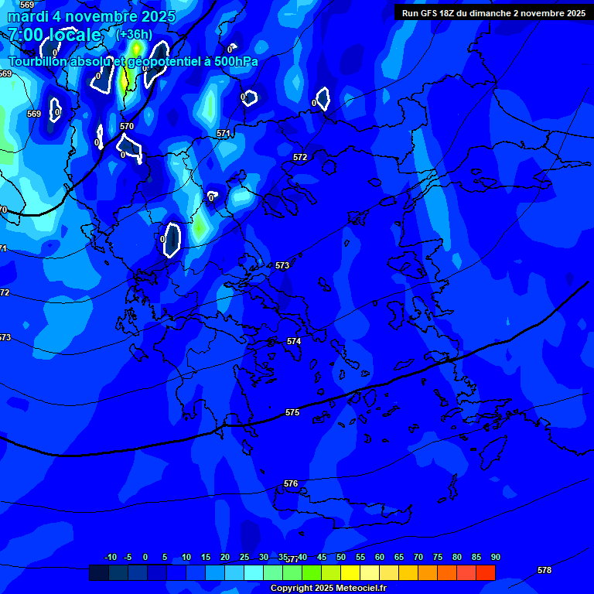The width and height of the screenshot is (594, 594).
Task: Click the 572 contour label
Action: tap(300, 157)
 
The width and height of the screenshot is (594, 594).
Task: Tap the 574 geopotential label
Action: tap(294, 341)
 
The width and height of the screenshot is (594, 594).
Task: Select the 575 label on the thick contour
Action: tap(292, 412)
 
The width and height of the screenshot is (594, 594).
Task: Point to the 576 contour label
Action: tap(291, 483)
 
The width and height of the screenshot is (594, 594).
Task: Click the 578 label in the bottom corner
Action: tap(544, 570)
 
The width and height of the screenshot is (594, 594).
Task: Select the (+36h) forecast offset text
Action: tap(133, 34)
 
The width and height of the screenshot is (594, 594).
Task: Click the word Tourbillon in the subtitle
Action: tap(39, 61)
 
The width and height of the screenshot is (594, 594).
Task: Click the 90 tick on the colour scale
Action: tap(495, 557)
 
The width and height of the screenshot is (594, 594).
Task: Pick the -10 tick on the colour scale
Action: tap(110, 557)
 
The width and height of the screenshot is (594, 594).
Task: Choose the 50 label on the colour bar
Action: tap(341, 557)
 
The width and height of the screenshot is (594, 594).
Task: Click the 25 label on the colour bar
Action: tap(244, 557)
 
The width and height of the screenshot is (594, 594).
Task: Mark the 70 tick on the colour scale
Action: tap(418, 557)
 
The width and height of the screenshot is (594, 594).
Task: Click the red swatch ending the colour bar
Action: tap(485, 572)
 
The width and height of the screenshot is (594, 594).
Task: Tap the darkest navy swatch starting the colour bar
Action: tap(98, 572)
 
